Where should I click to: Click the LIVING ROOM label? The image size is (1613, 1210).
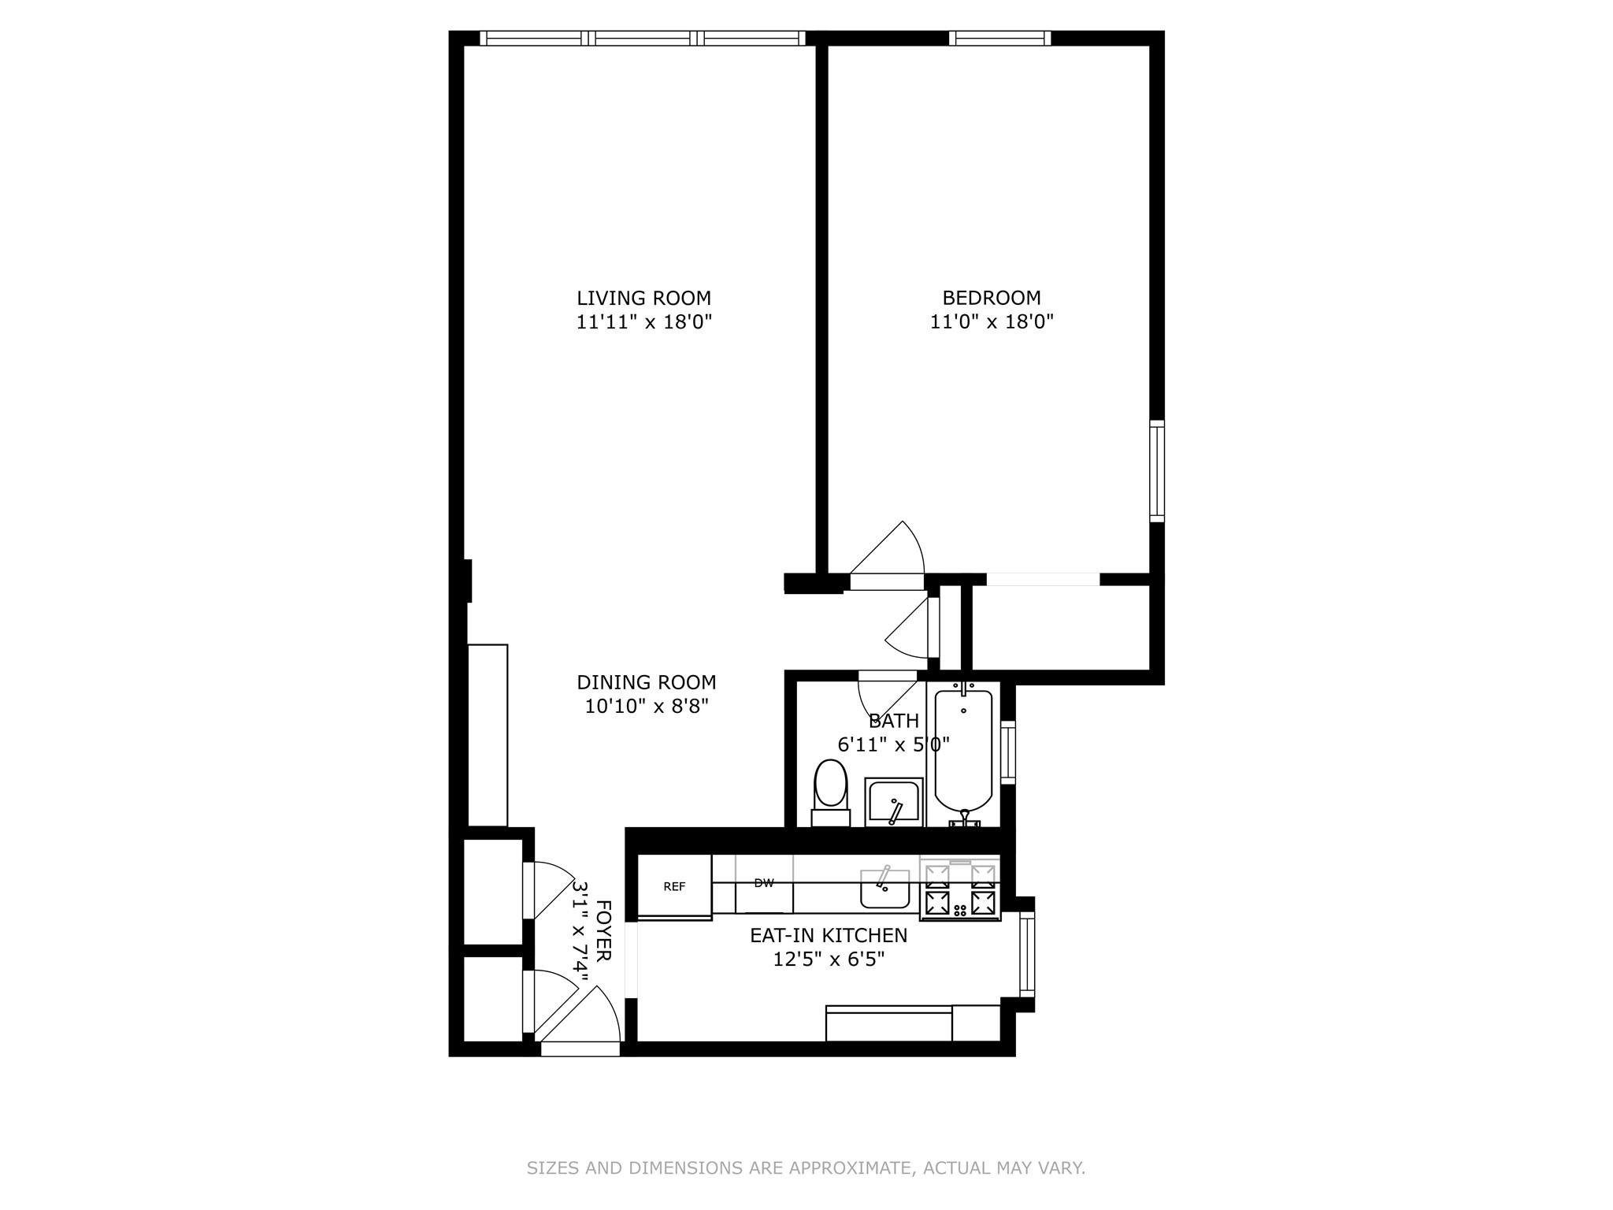coord(643,299)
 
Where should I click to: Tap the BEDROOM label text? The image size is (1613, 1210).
coord(992,298)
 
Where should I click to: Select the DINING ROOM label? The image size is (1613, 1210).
coord(646,682)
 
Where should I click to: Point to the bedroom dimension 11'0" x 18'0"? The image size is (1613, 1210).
coord(992,321)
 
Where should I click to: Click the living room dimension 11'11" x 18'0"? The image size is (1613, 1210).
coord(643,321)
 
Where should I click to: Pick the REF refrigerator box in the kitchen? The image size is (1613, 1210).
coord(674,886)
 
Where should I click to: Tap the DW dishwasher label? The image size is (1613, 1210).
coord(763,883)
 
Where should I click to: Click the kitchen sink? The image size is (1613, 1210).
coord(884,889)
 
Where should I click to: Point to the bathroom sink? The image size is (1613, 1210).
coord(893,802)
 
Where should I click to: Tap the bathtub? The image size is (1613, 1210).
coord(963,752)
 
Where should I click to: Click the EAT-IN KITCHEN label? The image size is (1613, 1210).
coord(828,936)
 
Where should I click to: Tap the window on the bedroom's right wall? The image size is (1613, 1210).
coord(1156,471)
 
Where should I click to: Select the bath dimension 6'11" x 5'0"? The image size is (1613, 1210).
coord(893,744)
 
